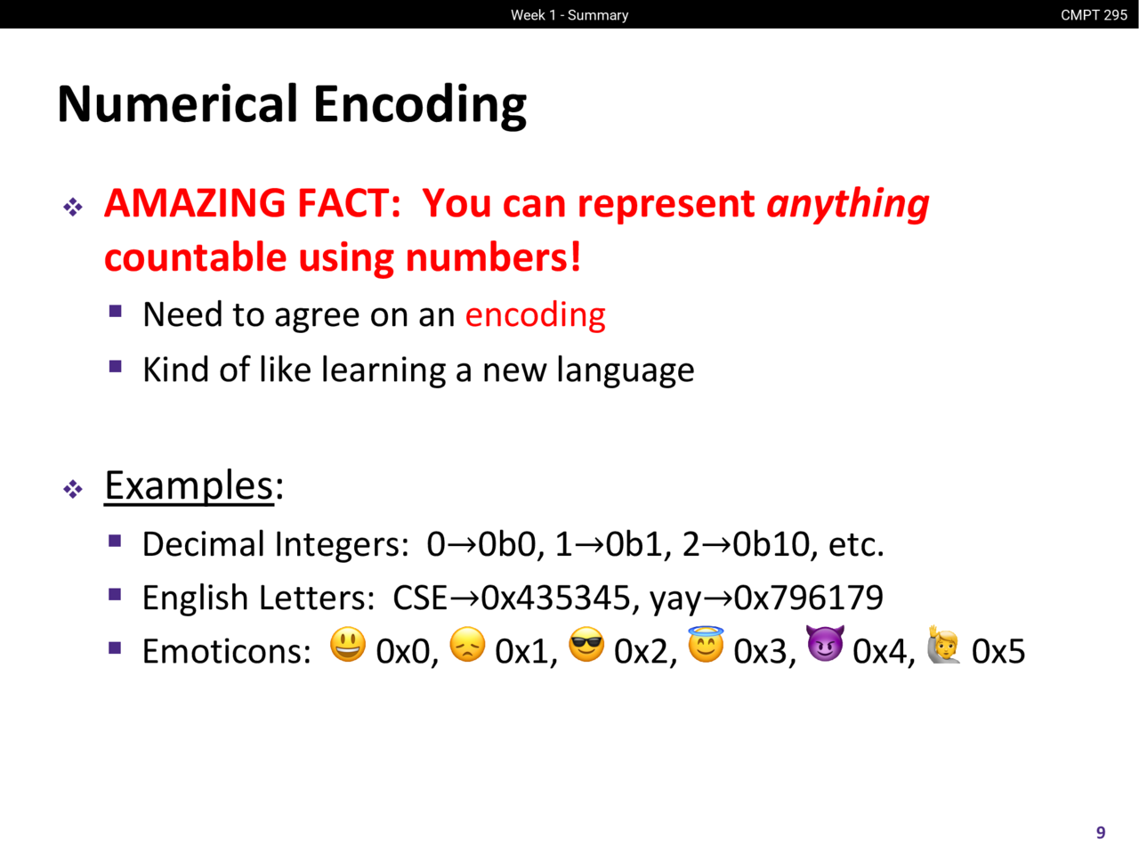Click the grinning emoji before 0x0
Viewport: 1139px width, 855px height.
click(x=348, y=644)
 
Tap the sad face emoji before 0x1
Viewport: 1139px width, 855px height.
click(x=467, y=644)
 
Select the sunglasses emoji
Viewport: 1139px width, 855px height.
click(x=586, y=644)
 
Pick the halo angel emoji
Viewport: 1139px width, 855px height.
click(x=706, y=644)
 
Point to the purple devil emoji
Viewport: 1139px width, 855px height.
click(x=825, y=643)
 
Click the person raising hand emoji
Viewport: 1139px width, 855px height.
click(x=944, y=644)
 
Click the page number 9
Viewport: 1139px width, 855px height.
click(x=1101, y=832)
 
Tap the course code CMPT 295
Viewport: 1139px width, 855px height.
click(x=1094, y=15)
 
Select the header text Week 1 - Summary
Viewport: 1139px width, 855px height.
click(x=569, y=15)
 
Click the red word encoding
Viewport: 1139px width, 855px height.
click(x=535, y=315)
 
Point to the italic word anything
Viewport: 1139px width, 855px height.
click(x=848, y=204)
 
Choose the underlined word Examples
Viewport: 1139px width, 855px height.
click(x=189, y=486)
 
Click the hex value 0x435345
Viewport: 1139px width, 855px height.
click(x=555, y=597)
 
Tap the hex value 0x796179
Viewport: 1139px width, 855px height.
click(x=809, y=597)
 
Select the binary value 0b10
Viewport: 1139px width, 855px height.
click(x=771, y=544)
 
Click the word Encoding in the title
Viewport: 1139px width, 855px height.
click(x=420, y=105)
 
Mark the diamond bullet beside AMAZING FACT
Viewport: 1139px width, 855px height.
click(x=73, y=208)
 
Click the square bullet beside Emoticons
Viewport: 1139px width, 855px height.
click(x=115, y=647)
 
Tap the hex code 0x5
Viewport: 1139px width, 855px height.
click(x=998, y=651)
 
